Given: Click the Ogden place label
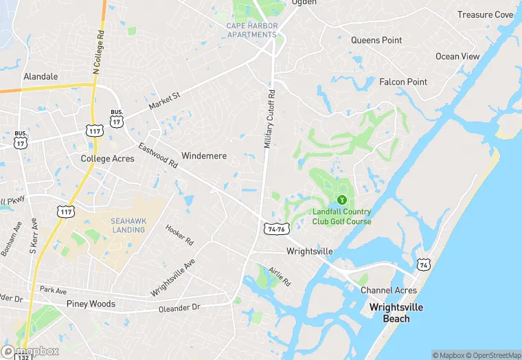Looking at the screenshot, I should (x=304, y=3).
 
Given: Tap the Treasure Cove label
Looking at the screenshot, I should (x=485, y=14).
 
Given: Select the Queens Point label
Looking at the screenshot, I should (x=376, y=41).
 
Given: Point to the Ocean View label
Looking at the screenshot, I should (x=457, y=56).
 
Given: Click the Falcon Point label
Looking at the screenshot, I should (x=403, y=82).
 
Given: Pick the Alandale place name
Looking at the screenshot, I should (x=41, y=76).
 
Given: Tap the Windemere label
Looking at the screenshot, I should (x=204, y=156).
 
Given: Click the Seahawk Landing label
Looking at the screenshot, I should (x=128, y=225).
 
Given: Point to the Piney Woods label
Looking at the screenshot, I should (x=91, y=304).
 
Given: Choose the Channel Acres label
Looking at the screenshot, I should (x=389, y=291).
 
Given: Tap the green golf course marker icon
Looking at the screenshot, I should (x=341, y=199).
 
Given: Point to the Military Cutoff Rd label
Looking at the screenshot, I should (x=269, y=119).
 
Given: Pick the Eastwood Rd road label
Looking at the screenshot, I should (x=158, y=156).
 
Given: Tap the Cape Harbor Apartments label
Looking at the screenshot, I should (x=252, y=30).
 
